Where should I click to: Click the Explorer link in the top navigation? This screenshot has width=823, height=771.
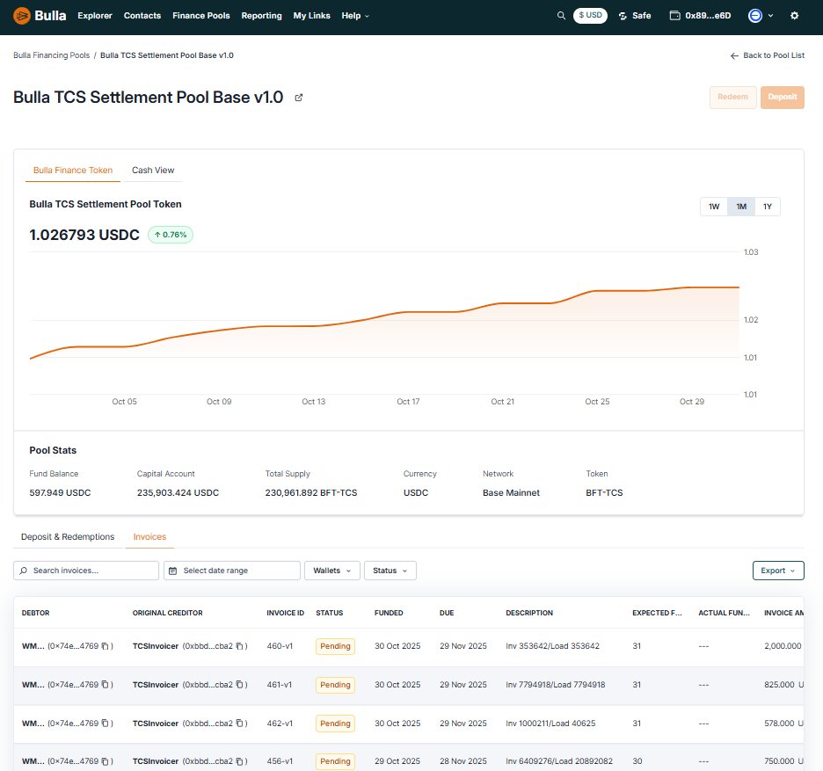pos(95,16)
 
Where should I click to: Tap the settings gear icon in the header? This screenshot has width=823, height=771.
pos(795,16)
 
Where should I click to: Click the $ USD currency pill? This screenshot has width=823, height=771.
pos(590,16)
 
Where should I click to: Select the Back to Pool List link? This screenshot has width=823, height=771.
pos(767,55)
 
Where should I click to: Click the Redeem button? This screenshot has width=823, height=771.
pos(732,98)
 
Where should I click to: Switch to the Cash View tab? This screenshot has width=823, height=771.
pos(153,170)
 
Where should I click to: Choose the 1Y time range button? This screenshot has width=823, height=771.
pos(767,207)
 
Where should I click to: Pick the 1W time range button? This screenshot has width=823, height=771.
pos(714,207)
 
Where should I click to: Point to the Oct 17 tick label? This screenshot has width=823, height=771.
pos(408,402)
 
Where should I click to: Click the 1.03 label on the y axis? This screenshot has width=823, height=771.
pos(751,252)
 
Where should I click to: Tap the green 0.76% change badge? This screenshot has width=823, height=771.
pos(170,235)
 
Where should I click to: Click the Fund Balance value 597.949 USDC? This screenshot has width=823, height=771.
pos(60,493)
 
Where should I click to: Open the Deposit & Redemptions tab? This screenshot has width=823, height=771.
pos(68,536)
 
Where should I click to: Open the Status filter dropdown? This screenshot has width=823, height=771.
pos(390,571)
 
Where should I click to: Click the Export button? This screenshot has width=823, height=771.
pos(778,571)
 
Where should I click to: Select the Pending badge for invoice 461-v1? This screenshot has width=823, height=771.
pos(335,685)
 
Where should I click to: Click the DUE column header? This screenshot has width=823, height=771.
pos(447,613)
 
